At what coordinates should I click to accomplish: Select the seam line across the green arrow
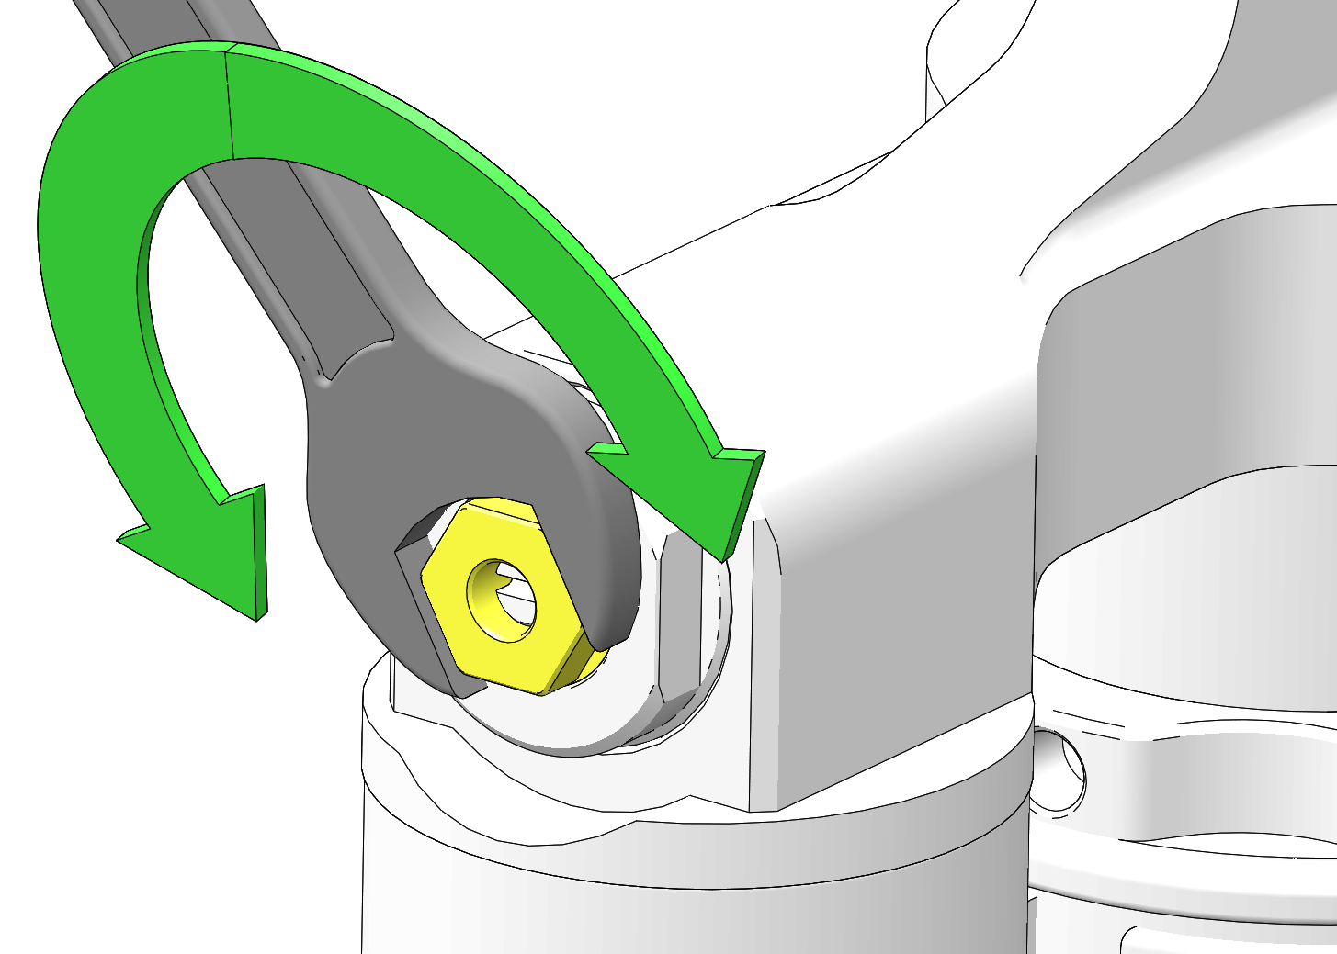229,106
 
